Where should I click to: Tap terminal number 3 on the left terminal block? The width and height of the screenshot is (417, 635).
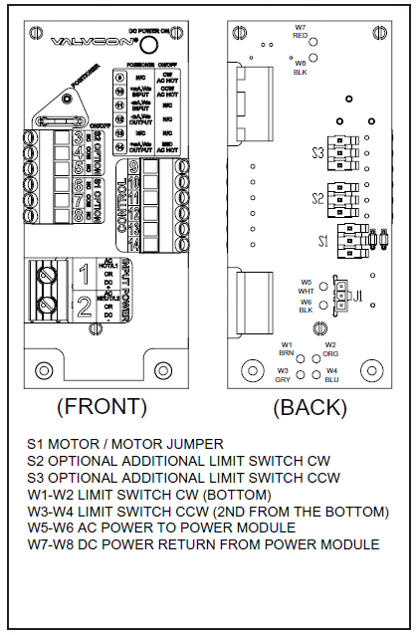click(x=78, y=136)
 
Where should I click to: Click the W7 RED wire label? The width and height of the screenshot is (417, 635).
click(x=300, y=30)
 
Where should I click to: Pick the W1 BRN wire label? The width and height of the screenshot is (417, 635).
click(x=285, y=348)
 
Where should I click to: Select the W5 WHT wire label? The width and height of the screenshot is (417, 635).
click(x=307, y=286)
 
